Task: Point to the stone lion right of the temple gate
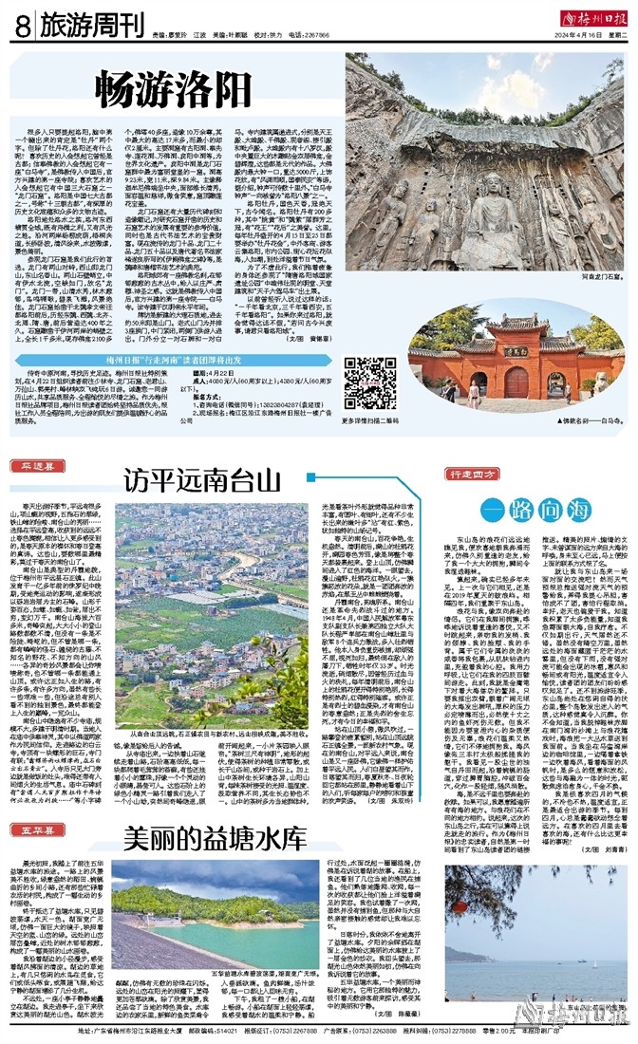[x=591, y=386]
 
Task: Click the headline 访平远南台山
[x=206, y=481]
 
